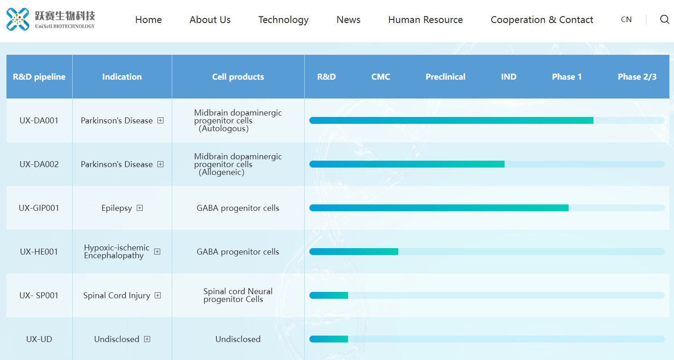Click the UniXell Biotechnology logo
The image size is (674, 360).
(51, 19)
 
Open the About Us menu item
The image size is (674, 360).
(210, 19)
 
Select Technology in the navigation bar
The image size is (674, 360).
(284, 20)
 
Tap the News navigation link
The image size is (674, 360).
(349, 19)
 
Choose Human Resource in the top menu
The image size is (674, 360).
(425, 19)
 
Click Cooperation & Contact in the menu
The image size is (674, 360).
(542, 19)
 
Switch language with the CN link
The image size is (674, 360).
(626, 19)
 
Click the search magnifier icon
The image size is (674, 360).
(664, 19)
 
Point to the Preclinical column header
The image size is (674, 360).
(445, 77)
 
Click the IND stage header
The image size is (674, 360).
(509, 77)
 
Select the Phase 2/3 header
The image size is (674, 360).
(637, 77)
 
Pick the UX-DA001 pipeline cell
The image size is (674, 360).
(39, 121)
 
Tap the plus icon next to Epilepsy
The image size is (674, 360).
(139, 208)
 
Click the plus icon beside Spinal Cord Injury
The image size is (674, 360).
(157, 296)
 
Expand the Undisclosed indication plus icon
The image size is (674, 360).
(147, 339)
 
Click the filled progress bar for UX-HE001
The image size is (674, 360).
(354, 251)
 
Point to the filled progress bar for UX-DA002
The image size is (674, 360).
(407, 164)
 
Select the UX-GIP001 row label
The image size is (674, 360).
(39, 208)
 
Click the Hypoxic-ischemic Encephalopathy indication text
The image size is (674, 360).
(117, 251)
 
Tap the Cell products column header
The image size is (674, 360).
(238, 77)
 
